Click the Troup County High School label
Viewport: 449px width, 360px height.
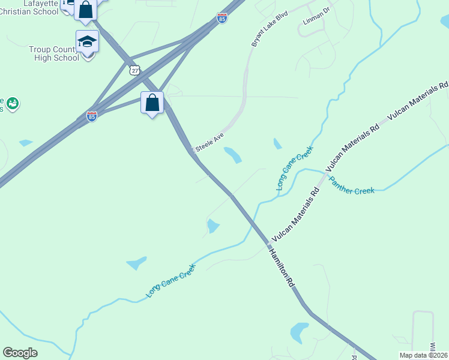pyautogui.click(x=53, y=53)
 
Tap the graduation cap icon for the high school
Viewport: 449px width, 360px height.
pyautogui.click(x=87, y=42)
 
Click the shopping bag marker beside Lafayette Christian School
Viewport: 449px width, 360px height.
pyautogui.click(x=86, y=10)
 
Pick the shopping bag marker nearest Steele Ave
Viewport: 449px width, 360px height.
pyautogui.click(x=152, y=103)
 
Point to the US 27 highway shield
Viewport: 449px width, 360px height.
pyautogui.click(x=134, y=70)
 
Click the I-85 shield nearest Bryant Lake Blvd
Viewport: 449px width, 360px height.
pyautogui.click(x=222, y=18)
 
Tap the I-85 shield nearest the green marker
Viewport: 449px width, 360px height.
pyautogui.click(x=91, y=116)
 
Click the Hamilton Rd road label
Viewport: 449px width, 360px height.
pyautogui.click(x=282, y=265)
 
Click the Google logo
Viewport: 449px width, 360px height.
pyautogui.click(x=20, y=353)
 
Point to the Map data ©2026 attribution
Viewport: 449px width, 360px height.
pyautogui.click(x=423, y=355)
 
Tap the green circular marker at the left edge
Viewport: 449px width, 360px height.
pyautogui.click(x=12, y=104)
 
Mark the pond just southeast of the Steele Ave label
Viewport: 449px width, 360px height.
pyautogui.click(x=233, y=155)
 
